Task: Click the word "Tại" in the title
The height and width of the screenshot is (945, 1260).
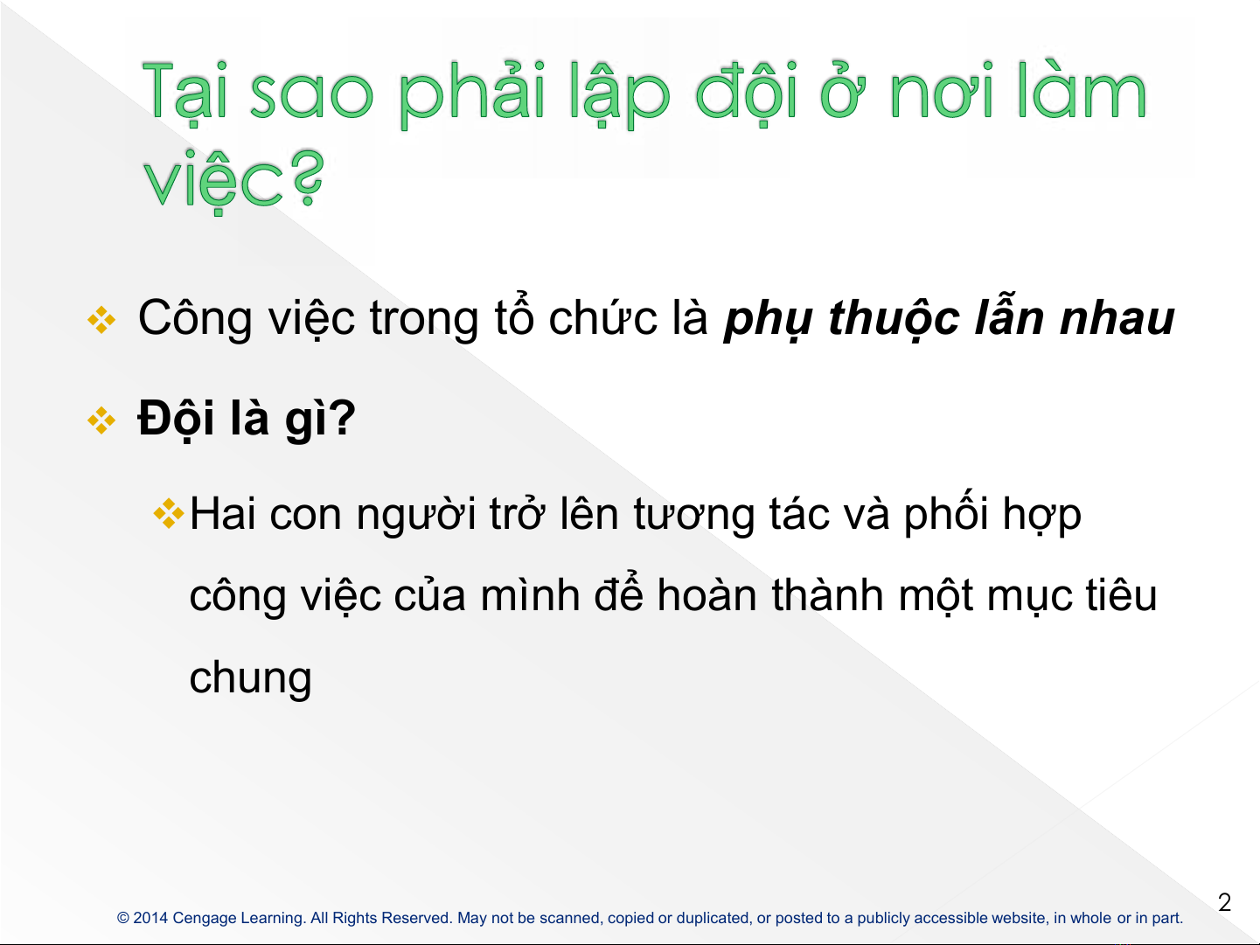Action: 185,92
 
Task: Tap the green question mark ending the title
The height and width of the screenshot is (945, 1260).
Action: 309,177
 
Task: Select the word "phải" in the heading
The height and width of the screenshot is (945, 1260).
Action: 471,92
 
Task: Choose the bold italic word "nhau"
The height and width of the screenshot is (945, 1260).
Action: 1117,317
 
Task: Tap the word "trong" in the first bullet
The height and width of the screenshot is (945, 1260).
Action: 423,319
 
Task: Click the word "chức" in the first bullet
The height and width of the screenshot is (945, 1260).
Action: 602,317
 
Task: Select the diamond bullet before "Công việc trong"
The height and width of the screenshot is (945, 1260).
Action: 101,320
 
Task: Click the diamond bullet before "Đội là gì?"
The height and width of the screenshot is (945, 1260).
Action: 101,420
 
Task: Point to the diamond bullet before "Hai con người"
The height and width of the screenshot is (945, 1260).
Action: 169,513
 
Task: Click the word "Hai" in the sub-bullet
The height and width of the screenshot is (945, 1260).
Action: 223,513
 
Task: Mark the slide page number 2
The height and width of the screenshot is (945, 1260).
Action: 1224,902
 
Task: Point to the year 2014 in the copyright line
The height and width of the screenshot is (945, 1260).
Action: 150,918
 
